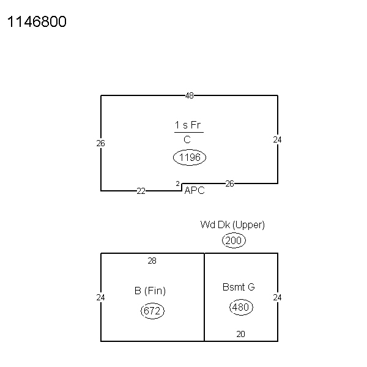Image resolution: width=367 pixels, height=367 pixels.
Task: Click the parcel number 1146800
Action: pos(37,21)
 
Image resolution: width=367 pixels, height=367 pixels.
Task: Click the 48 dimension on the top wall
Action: pos(190,95)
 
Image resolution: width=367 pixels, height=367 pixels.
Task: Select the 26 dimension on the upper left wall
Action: pos(101,143)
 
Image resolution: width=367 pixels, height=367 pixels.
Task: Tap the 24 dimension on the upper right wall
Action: pos(277,139)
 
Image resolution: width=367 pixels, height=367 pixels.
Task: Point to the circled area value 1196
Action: pos(190,157)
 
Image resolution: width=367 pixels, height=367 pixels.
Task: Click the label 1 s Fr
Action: pos(188,125)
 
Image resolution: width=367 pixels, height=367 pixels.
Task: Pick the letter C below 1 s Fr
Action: pos(187,139)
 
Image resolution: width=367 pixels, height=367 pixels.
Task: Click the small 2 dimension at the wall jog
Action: pos(177,183)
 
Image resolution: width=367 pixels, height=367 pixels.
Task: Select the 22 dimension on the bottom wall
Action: pos(141,191)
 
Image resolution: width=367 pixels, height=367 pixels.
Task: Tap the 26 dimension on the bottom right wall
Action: pos(229,183)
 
